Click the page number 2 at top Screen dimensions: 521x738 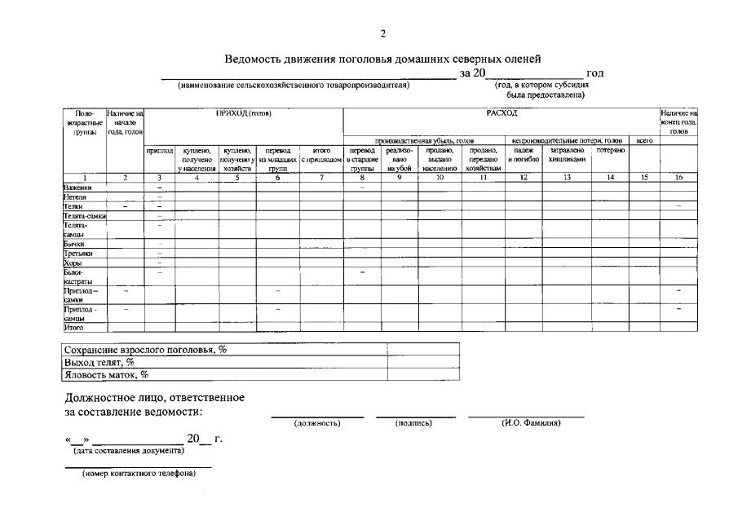(x=382, y=33)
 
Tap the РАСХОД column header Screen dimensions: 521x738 (x=497, y=113)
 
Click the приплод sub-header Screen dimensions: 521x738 (x=160, y=151)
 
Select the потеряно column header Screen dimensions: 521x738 (x=610, y=151)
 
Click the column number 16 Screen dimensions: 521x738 (x=678, y=177)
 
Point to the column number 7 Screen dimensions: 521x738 (x=321, y=177)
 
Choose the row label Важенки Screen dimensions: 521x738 (x=77, y=187)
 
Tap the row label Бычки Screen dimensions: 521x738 (x=73, y=244)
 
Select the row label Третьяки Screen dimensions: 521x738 (x=77, y=254)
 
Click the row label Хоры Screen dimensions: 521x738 (x=73, y=263)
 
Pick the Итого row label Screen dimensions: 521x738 (x=73, y=328)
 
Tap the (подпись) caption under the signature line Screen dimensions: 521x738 (x=413, y=423)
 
